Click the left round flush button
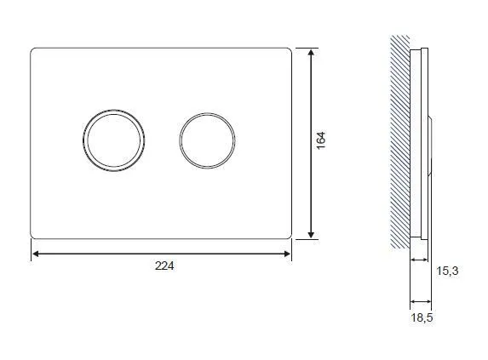[113, 140]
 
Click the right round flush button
[207, 140]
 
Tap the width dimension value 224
[164, 266]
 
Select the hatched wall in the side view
[399, 140]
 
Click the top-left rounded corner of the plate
[34, 50]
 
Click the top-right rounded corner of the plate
[289, 50]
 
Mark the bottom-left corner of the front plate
[34, 236]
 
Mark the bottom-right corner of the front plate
[289, 236]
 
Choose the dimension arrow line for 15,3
[421, 260]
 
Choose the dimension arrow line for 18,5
[421, 300]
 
